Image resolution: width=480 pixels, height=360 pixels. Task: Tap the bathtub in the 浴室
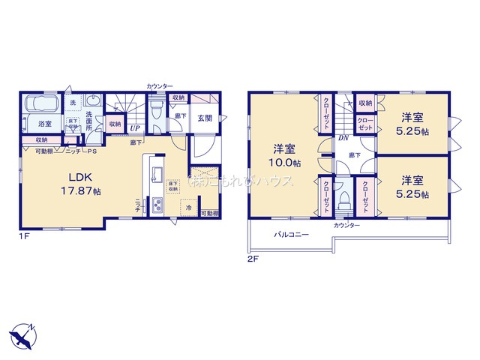44,104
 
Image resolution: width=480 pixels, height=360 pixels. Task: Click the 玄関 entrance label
205,118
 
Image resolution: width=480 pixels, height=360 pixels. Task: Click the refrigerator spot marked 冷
189,208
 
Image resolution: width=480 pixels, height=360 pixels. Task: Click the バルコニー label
290,234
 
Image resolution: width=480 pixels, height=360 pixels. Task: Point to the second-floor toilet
343,197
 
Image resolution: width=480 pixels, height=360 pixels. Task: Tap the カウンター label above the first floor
160,87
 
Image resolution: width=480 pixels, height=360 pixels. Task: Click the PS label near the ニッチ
93,151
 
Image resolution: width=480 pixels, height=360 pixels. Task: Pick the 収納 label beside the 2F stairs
365,103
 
